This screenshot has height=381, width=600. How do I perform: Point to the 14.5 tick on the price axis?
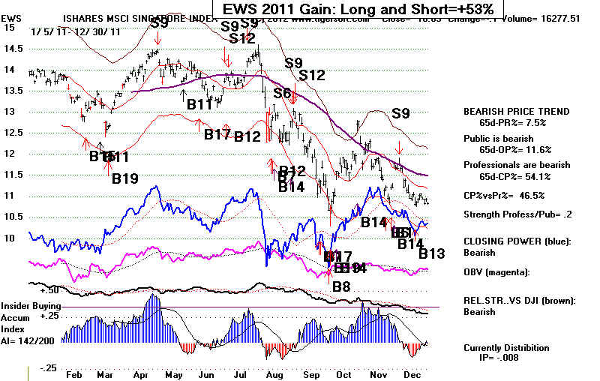click(12, 48)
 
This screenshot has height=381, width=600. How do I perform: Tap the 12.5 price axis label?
click(12, 133)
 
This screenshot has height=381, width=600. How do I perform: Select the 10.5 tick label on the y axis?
click(12, 217)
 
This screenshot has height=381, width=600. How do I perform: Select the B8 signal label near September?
click(341, 285)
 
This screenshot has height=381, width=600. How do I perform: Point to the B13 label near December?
click(432, 253)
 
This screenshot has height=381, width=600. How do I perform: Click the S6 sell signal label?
click(282, 93)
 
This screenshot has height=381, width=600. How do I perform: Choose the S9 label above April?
click(158, 23)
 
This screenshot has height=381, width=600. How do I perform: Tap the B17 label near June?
click(217, 135)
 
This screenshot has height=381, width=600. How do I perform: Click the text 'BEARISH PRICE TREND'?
click(516, 112)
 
